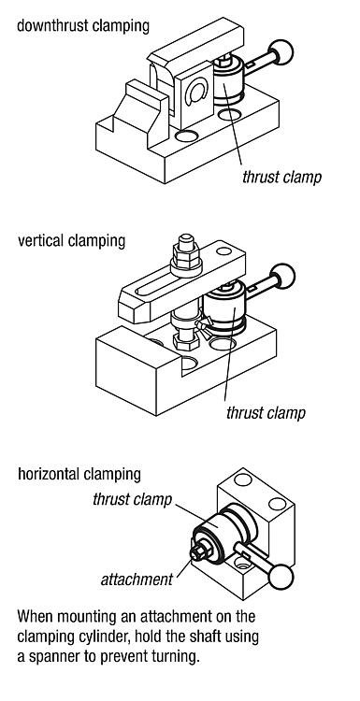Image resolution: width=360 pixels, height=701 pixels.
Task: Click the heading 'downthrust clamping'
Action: pyautogui.click(x=83, y=25)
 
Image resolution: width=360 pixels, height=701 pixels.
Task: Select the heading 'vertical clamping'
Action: pyautogui.click(x=72, y=240)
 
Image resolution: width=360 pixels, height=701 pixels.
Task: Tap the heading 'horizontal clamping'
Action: pyautogui.click(x=79, y=474)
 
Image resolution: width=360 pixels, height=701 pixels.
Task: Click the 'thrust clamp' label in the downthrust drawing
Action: pyautogui.click(x=281, y=177)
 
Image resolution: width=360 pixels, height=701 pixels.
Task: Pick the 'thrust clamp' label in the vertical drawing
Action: pyautogui.click(x=266, y=412)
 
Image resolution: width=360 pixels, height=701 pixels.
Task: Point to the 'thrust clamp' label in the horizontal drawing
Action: pyautogui.click(x=133, y=499)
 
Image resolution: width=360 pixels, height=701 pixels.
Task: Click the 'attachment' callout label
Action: pyautogui.click(x=137, y=579)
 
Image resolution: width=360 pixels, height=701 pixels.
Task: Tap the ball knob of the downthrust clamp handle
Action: pyautogui.click(x=281, y=51)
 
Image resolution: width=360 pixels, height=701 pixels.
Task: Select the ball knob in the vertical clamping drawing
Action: pyautogui.click(x=283, y=276)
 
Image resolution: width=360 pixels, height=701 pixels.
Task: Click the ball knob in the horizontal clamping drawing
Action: pyautogui.click(x=281, y=577)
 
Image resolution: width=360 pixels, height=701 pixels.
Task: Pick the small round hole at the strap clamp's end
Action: pyautogui.click(x=223, y=251)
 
